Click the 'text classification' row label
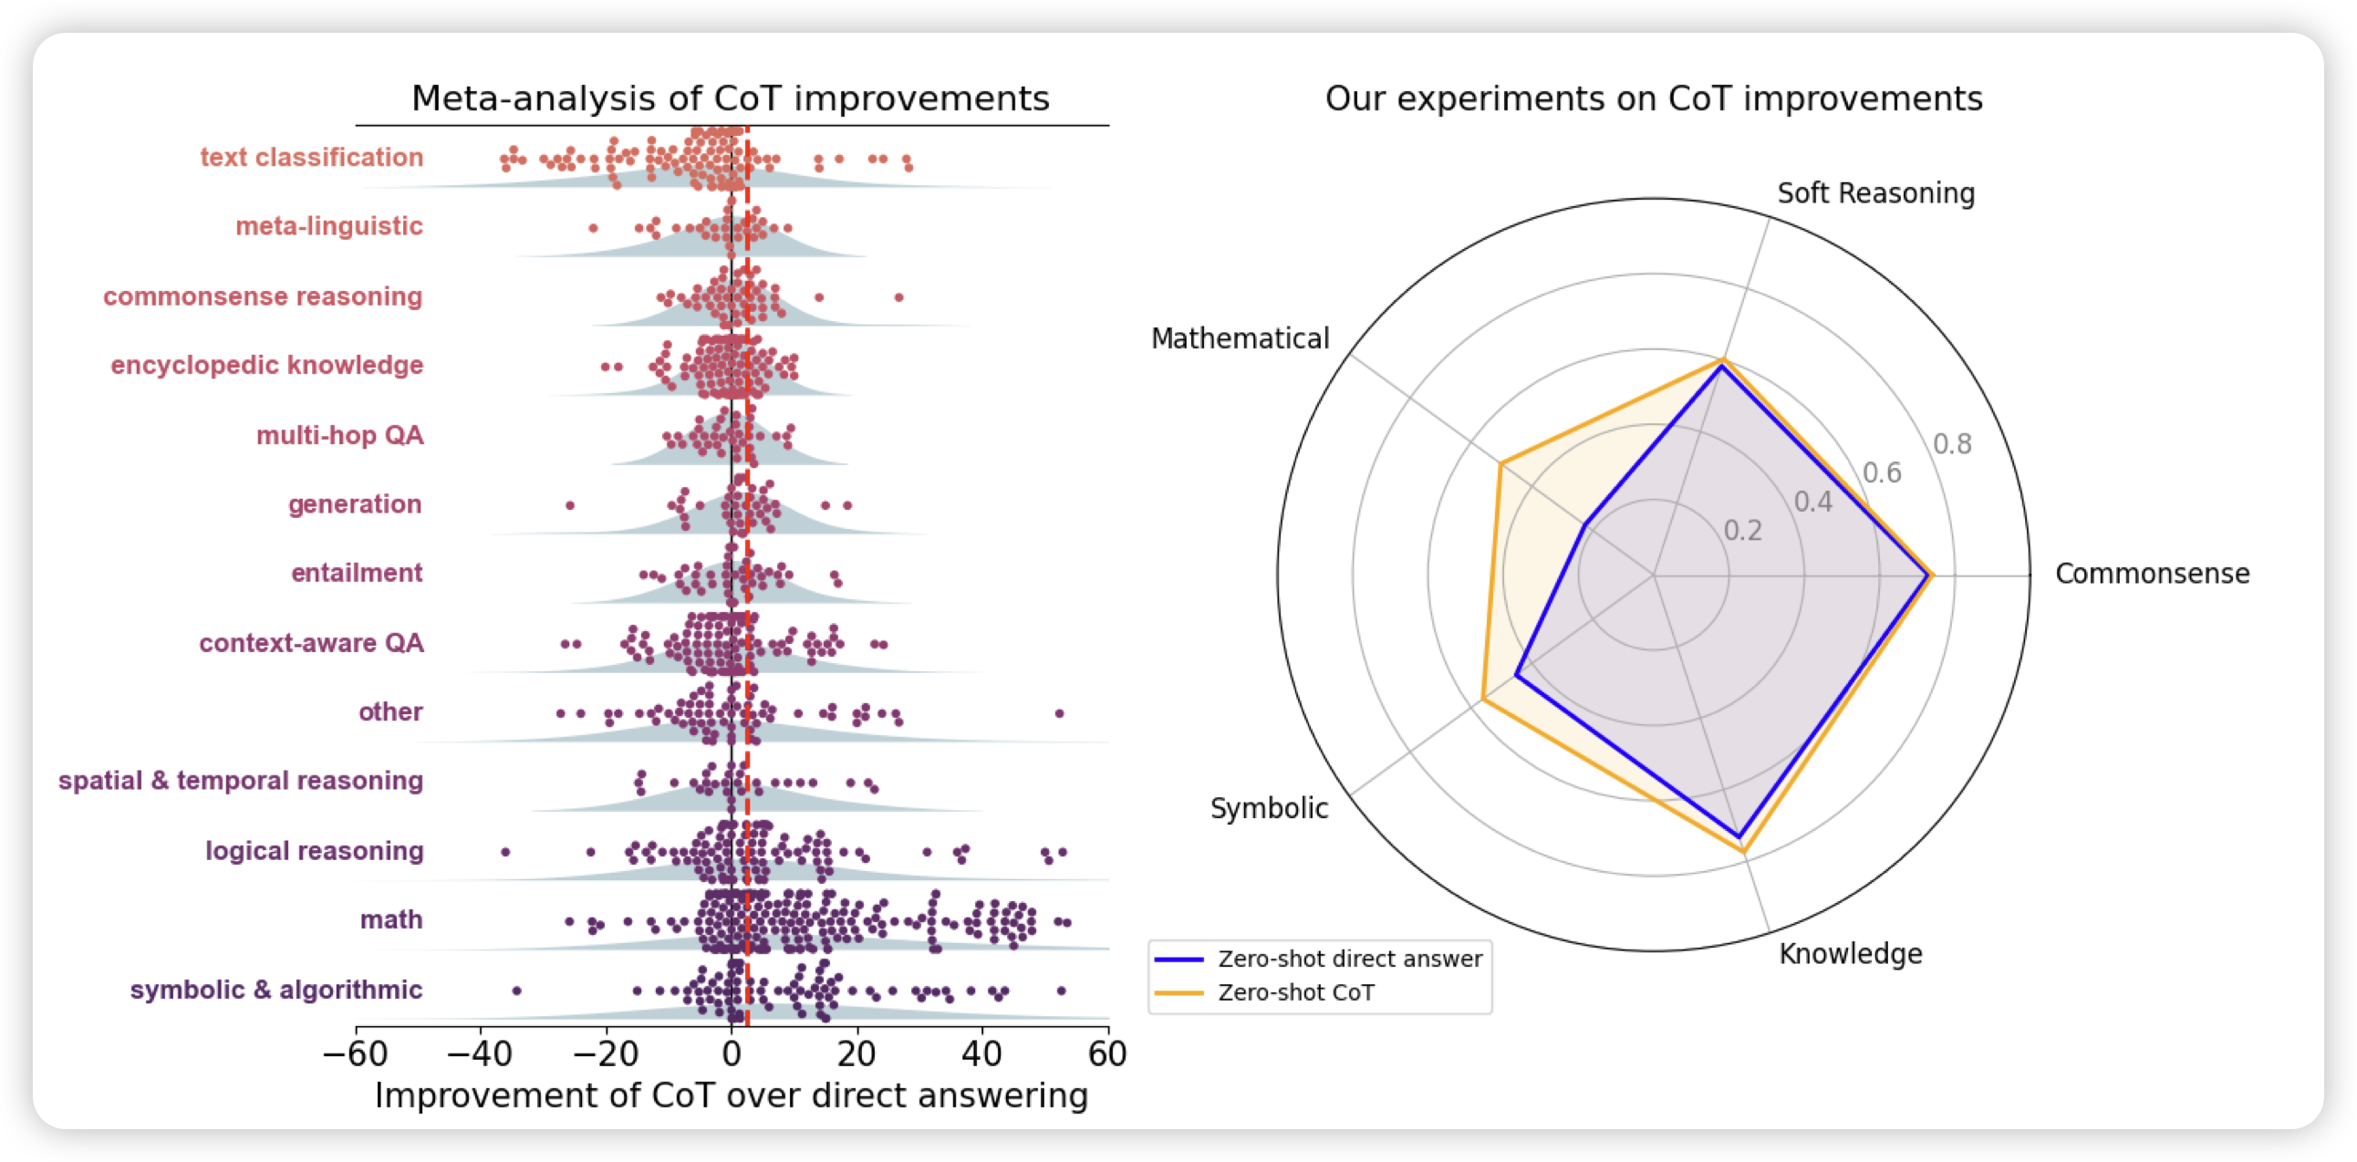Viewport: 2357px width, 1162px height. tap(311, 158)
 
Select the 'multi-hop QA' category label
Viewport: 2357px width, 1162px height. tap(339, 435)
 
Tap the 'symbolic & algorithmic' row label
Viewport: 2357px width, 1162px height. tap(275, 990)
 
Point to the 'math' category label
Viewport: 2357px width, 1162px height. tap(390, 919)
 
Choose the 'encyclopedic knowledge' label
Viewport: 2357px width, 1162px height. tap(266, 365)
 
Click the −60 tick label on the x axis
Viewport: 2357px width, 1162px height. tap(355, 1054)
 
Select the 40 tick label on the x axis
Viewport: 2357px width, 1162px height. tap(981, 1054)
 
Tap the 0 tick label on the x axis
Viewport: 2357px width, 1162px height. tap(731, 1054)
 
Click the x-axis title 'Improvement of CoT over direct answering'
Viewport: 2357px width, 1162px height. tap(731, 1095)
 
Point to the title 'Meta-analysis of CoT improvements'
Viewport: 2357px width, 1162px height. tap(730, 99)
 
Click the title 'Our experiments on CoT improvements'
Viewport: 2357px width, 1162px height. tap(1654, 99)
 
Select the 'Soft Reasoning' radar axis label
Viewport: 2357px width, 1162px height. tap(1875, 193)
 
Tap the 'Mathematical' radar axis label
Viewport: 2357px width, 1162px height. tap(1240, 338)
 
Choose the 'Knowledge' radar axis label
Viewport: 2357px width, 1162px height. tap(1850, 953)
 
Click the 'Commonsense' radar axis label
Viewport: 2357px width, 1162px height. tap(2152, 574)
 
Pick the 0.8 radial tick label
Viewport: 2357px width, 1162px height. tap(1952, 444)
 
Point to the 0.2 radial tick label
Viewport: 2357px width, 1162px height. tap(1742, 531)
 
